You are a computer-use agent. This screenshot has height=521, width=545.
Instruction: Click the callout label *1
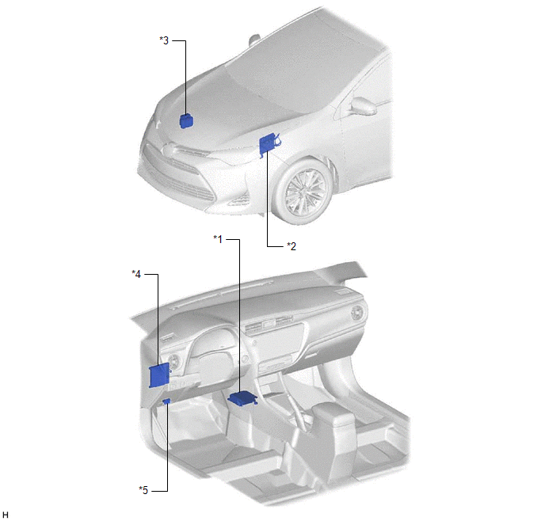click(218, 239)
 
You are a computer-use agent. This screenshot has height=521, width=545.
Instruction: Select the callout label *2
click(292, 246)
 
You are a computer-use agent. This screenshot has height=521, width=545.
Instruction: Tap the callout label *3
click(164, 40)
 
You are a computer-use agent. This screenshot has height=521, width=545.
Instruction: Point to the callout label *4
click(136, 274)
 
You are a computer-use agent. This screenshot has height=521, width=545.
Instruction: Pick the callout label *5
click(143, 490)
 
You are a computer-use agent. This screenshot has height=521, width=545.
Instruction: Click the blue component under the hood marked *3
click(187, 120)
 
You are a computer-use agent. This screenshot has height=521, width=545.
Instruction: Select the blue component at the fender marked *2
click(269, 143)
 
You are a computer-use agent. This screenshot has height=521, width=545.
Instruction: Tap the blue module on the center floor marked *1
click(242, 398)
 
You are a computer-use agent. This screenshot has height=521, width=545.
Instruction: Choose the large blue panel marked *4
click(159, 375)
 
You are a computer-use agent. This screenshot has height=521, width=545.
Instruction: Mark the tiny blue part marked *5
click(167, 401)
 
